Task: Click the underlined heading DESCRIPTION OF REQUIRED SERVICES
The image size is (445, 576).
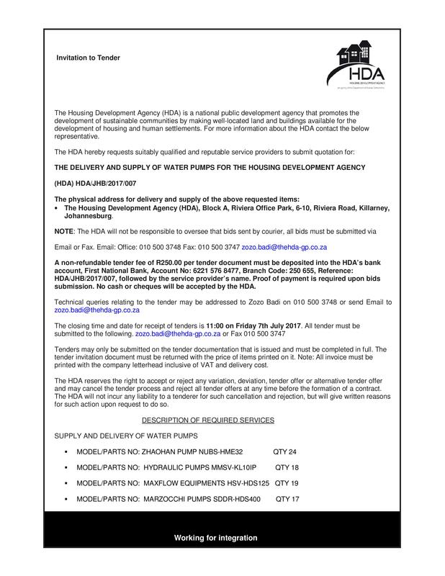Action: tap(207, 419)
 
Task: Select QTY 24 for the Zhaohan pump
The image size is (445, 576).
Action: tap(285, 452)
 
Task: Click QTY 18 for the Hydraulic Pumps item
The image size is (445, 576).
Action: tap(287, 468)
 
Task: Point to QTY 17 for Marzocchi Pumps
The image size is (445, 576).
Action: tap(287, 499)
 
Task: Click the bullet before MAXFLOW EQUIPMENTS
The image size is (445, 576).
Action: tap(66, 483)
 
